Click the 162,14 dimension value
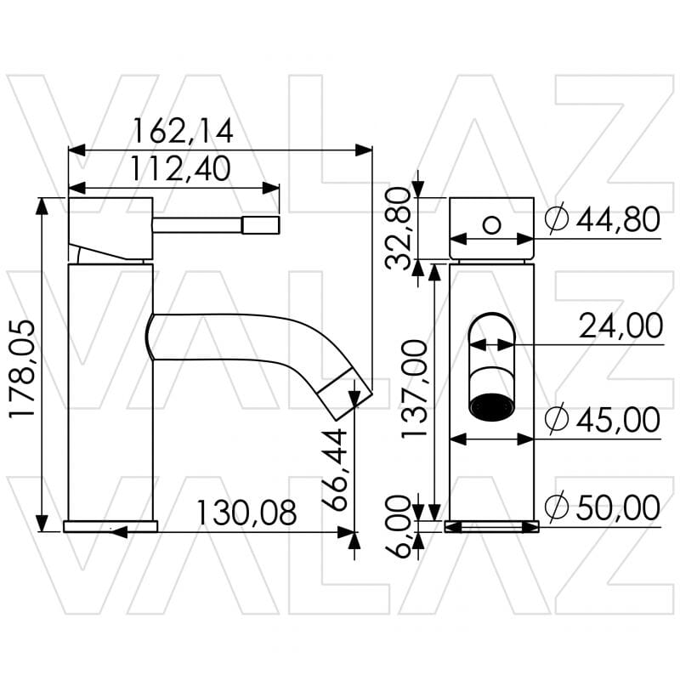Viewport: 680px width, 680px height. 182,132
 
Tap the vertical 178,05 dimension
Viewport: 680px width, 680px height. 23,369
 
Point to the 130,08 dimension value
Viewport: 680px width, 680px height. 246,513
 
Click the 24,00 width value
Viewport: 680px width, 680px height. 620,326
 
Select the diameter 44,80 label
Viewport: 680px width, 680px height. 602,220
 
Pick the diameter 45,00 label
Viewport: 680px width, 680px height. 602,420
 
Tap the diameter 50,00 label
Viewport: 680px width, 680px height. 602,508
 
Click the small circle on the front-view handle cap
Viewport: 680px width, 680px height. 491,224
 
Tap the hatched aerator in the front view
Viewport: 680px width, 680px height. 491,407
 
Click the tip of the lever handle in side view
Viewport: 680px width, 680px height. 261,224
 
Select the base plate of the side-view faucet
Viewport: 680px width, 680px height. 110,526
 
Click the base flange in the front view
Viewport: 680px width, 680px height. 491,527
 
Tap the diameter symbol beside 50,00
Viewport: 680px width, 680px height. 555,508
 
